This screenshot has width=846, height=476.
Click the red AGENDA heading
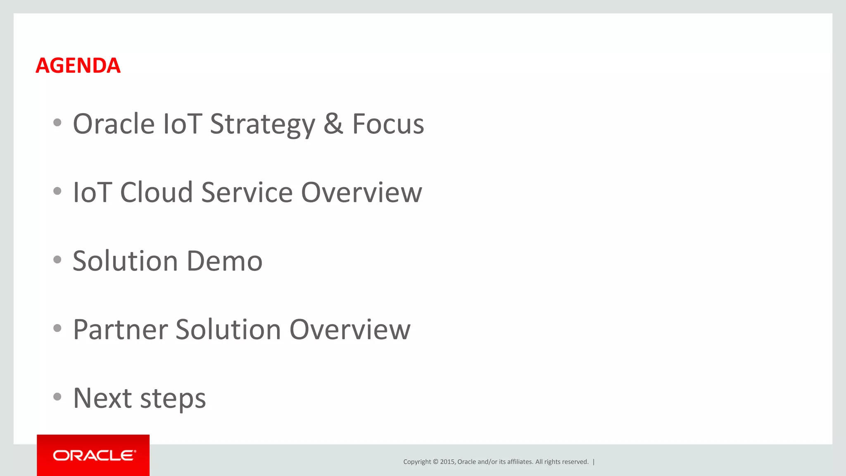pyautogui.click(x=78, y=66)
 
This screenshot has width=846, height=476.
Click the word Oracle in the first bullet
pyautogui.click(x=114, y=124)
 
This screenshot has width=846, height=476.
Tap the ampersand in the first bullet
pyautogui.click(x=333, y=124)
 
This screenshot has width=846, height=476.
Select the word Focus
pyautogui.click(x=388, y=124)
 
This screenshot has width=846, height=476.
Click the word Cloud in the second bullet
pyautogui.click(x=157, y=192)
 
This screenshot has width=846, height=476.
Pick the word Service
pyautogui.click(x=247, y=192)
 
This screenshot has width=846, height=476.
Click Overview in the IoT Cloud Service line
pyautogui.click(x=361, y=192)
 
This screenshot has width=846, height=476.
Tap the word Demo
pyautogui.click(x=224, y=261)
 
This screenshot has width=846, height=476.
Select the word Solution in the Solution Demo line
pyautogui.click(x=126, y=261)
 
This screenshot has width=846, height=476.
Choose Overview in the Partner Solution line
pyautogui.click(x=350, y=330)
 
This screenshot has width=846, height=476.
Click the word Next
pyautogui.click(x=102, y=398)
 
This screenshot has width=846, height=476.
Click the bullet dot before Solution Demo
pyautogui.click(x=57, y=259)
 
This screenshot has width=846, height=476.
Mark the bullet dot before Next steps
pyautogui.click(x=57, y=397)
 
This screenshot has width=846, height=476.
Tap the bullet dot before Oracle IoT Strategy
pyautogui.click(x=57, y=122)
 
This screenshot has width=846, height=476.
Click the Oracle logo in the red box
pyautogui.click(x=94, y=455)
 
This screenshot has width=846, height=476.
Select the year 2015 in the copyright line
pyautogui.click(x=447, y=462)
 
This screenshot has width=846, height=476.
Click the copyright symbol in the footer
pyautogui.click(x=435, y=462)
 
